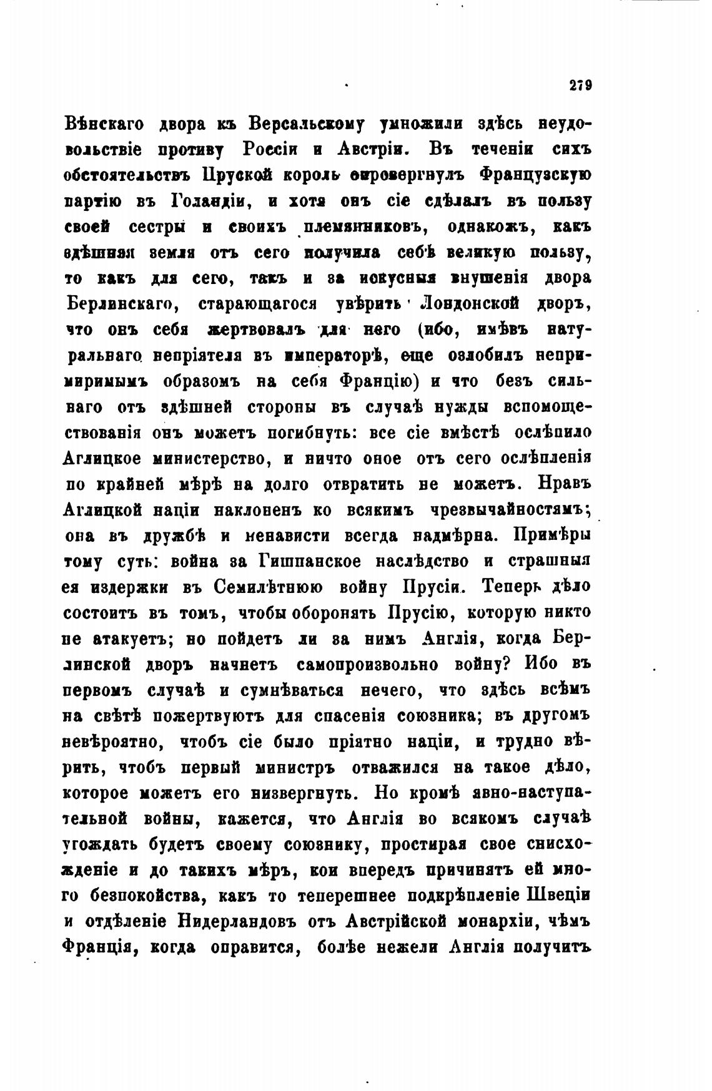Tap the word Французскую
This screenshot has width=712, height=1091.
535,176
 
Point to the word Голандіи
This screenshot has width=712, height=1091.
210,202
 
